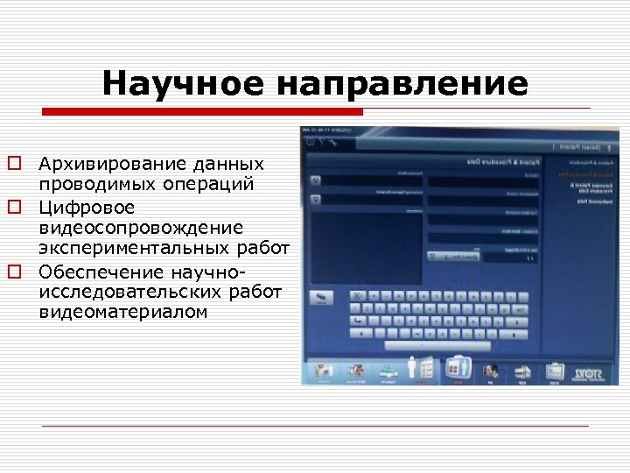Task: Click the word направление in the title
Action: pyautogui.click(x=402, y=84)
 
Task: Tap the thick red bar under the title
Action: pyautogui.click(x=203, y=112)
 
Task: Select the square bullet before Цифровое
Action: pyautogui.click(x=14, y=208)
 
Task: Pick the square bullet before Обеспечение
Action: pyautogui.click(x=14, y=271)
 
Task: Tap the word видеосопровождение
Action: pyautogui.click(x=140, y=228)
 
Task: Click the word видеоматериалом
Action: pyautogui.click(x=123, y=312)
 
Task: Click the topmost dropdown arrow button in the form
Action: pyautogui.click(x=316, y=180)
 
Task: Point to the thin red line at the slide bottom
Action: pyautogui.click(x=315, y=426)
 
